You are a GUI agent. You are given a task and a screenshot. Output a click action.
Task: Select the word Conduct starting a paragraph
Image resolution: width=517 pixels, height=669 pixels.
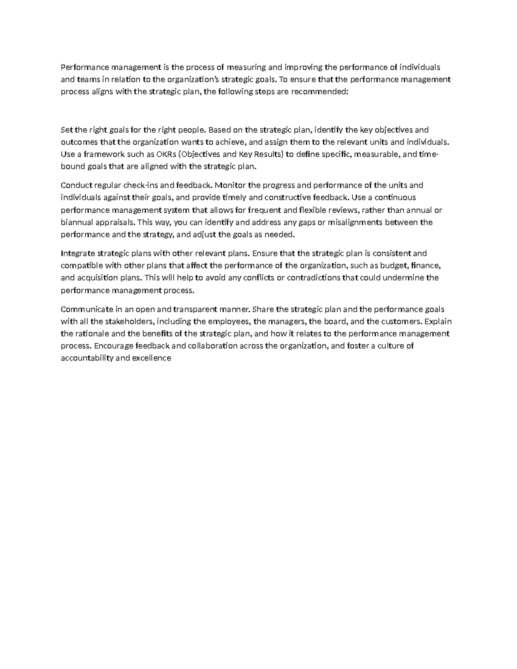coord(76,185)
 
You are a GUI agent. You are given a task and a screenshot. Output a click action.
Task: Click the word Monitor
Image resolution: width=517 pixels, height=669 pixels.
coord(229,185)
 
